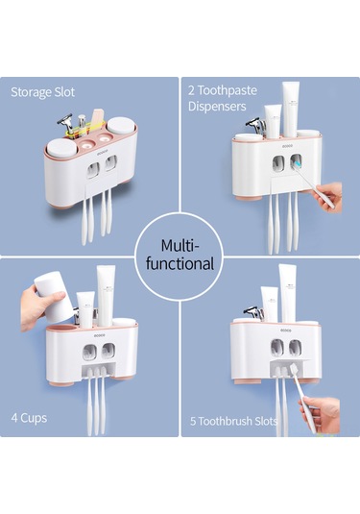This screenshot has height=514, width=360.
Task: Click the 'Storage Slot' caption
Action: click(42, 92)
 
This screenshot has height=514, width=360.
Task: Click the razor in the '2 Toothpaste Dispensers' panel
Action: click(255, 125)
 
